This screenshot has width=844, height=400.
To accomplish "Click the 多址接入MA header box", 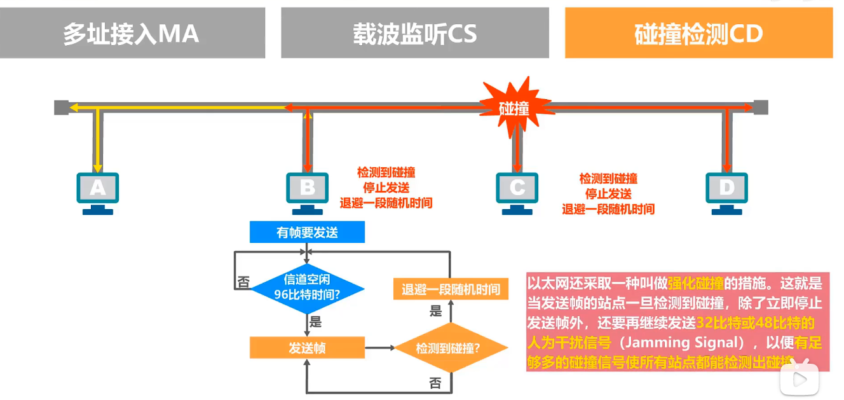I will [132, 33].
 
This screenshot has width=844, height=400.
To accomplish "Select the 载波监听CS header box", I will [415, 33].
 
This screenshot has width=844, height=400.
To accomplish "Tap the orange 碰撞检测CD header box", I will [698, 33].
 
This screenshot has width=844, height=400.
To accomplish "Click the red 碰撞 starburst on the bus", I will [514, 107].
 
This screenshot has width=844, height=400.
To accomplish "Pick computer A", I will [98, 191].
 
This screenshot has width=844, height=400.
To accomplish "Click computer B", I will [308, 191].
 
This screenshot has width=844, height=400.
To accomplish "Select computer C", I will [517, 191].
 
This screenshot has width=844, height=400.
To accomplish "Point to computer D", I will [726, 191].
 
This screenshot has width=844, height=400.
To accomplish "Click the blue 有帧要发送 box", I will [307, 232].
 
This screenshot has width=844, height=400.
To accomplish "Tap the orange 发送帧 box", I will [307, 348].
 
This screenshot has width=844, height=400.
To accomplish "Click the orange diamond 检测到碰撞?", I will [451, 348].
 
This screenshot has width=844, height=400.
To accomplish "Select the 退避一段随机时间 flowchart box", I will [451, 289].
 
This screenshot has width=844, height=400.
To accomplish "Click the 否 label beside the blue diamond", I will [243, 282].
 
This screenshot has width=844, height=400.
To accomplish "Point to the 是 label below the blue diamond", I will [316, 322].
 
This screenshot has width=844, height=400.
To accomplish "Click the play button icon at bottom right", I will [800, 380].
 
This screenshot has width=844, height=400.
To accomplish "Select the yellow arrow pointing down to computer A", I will [97, 143].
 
